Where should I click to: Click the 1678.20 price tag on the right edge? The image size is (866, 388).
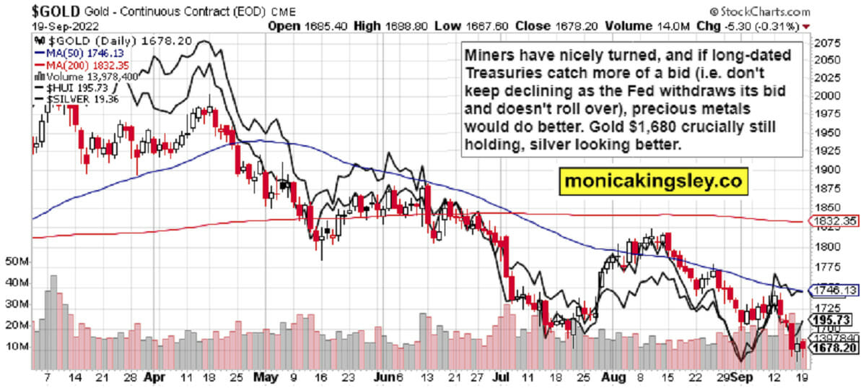(834, 348)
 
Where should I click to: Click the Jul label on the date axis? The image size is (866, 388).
(499, 377)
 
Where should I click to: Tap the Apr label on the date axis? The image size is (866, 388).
(152, 377)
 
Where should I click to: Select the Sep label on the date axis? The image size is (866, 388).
(741, 377)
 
